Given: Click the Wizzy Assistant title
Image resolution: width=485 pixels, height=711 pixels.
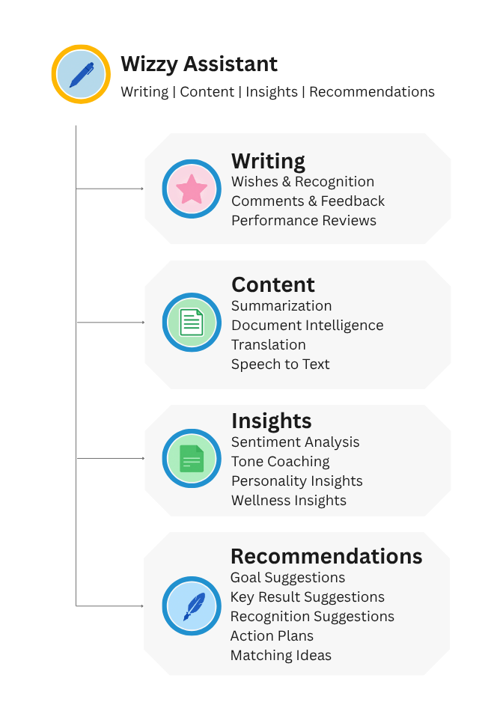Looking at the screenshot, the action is (x=199, y=64).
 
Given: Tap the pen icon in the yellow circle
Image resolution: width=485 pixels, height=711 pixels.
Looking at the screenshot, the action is (x=82, y=74).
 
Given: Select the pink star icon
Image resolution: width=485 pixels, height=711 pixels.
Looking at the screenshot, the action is (x=192, y=189).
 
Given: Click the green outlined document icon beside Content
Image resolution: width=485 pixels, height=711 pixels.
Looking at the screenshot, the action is (x=192, y=322).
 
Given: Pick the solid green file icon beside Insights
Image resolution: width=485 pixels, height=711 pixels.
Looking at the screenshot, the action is (x=192, y=459).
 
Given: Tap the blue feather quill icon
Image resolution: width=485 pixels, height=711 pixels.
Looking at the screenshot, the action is (x=194, y=606).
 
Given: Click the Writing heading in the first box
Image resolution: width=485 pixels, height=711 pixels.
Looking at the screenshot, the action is (x=269, y=162).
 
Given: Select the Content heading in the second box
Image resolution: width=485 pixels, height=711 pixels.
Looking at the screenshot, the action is (x=273, y=284).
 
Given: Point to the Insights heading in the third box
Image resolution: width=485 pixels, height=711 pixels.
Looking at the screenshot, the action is (x=272, y=421).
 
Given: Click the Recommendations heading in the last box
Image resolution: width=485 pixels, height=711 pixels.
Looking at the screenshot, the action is (x=326, y=556).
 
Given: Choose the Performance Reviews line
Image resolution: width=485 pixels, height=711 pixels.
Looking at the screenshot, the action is (x=304, y=220).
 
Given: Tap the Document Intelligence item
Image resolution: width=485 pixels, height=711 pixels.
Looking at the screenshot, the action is (x=308, y=326).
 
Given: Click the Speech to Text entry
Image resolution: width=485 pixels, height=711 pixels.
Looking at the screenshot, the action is (x=281, y=364).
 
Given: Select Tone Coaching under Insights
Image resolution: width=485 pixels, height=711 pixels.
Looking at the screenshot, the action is (x=281, y=462).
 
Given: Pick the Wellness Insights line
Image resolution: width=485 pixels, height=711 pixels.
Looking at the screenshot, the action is (x=289, y=501).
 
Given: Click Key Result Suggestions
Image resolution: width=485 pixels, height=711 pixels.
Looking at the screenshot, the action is (x=308, y=597).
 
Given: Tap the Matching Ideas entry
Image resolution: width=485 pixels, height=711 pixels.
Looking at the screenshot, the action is (x=281, y=656).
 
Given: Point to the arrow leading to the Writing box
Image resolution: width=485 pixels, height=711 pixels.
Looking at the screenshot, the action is (x=110, y=188).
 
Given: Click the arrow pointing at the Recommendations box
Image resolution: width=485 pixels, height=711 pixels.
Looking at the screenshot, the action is (x=110, y=605).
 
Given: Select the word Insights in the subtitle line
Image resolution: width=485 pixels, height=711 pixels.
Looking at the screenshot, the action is (x=272, y=92).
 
